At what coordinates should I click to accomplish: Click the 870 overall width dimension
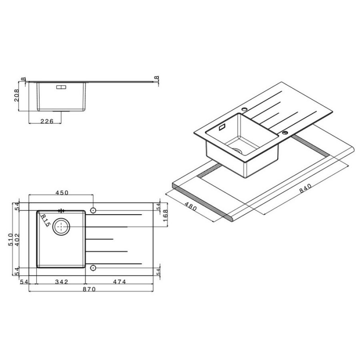click(89, 289)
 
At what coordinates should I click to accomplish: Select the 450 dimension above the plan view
click(62, 193)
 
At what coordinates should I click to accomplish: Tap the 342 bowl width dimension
click(62, 282)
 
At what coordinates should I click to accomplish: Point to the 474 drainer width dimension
click(119, 282)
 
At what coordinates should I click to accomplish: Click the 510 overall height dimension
click(10, 239)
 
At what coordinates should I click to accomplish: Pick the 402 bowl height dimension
click(17, 239)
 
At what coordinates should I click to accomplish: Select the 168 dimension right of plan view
click(165, 216)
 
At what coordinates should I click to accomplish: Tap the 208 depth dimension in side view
click(17, 95)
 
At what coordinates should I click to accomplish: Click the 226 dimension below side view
click(47, 121)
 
